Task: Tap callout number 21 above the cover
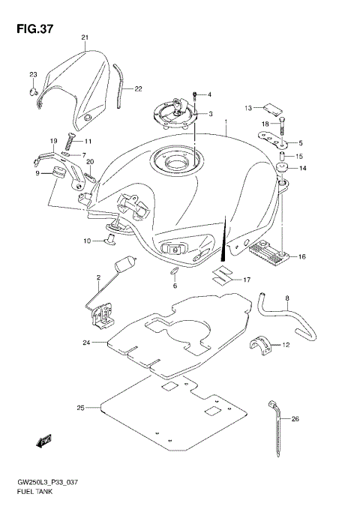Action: tap(85, 37)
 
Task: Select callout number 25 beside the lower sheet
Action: tap(79, 409)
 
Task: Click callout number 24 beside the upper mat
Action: tap(87, 343)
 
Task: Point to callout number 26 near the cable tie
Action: tap(295, 419)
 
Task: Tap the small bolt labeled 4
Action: tap(195, 95)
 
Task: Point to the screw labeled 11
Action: tap(70, 140)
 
